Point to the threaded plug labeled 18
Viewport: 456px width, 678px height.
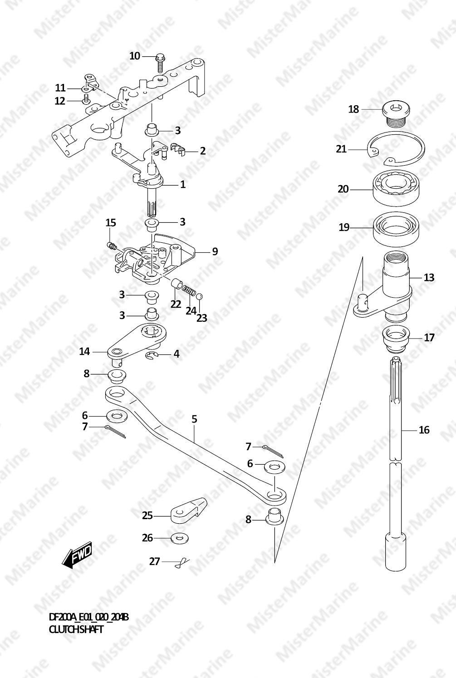[x=396, y=113]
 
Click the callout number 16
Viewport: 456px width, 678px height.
[x=424, y=430]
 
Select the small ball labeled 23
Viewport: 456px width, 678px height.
[x=199, y=296]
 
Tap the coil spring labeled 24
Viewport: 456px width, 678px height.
[x=189, y=291]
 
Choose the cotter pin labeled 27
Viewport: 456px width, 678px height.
[x=181, y=562]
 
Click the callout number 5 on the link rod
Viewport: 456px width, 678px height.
[x=194, y=419]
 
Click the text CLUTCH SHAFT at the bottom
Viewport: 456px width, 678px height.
[x=76, y=629]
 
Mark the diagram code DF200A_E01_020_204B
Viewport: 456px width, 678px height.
[x=88, y=617]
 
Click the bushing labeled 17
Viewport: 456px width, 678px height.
[x=396, y=340]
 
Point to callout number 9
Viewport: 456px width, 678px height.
[x=215, y=251]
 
